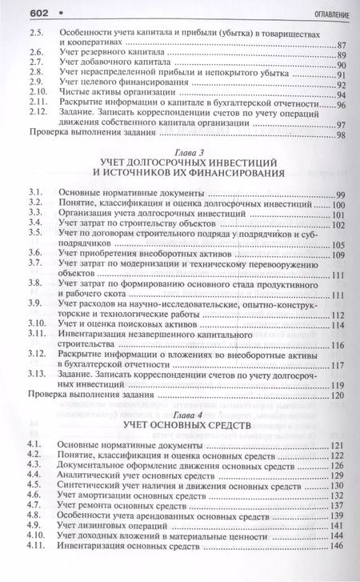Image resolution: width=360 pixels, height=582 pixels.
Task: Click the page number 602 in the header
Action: pyautogui.click(x=19, y=13)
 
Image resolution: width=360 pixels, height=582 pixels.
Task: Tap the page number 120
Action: pyautogui.click(x=338, y=395)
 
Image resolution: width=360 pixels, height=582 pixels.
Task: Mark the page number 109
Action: pyautogui.click(x=338, y=255)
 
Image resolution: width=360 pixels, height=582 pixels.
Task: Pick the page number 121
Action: pyautogui.click(x=338, y=443)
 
